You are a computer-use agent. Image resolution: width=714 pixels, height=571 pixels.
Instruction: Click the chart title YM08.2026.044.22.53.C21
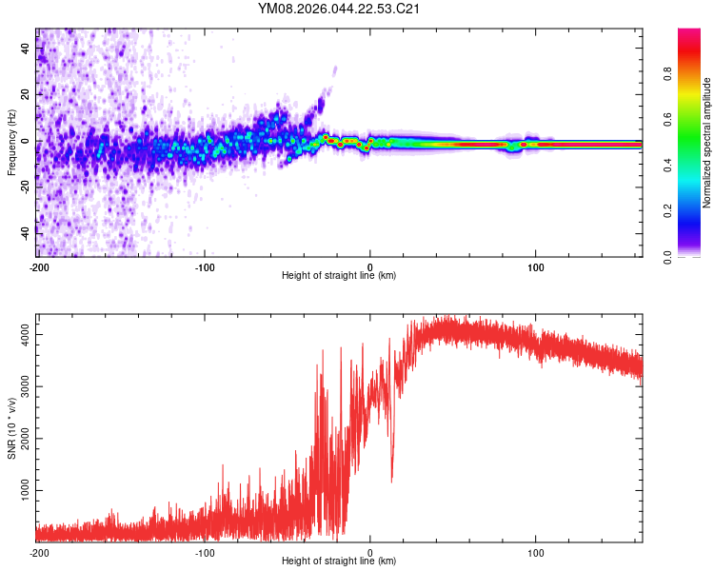click(340, 9)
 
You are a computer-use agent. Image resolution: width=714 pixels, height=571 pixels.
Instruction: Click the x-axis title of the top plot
click(339, 276)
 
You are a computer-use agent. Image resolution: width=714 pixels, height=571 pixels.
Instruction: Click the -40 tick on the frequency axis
click(26, 232)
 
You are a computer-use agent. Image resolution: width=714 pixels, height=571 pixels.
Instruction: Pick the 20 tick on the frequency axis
click(26, 94)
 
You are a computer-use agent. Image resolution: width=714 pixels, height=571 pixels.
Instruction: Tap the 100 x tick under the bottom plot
click(536, 551)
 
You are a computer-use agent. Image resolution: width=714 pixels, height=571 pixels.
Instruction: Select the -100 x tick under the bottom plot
click(205, 551)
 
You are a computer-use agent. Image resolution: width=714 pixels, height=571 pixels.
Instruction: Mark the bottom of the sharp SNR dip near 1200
click(391, 482)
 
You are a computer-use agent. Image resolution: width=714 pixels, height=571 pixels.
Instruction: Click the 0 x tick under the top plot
click(370, 266)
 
